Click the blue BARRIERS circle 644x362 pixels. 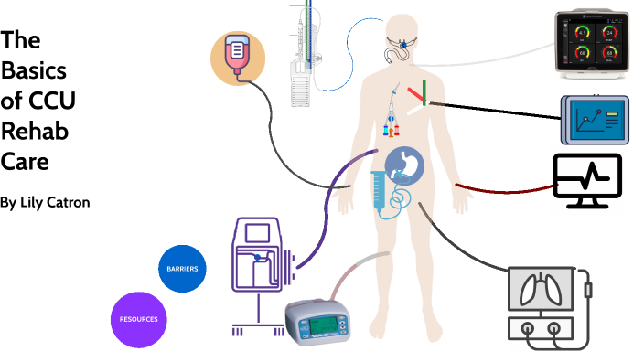[x=183, y=269]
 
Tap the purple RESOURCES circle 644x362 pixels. [x=138, y=319]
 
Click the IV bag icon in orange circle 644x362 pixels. [x=238, y=59]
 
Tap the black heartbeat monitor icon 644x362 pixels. [x=587, y=178]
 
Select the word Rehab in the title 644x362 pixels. [x=35, y=132]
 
